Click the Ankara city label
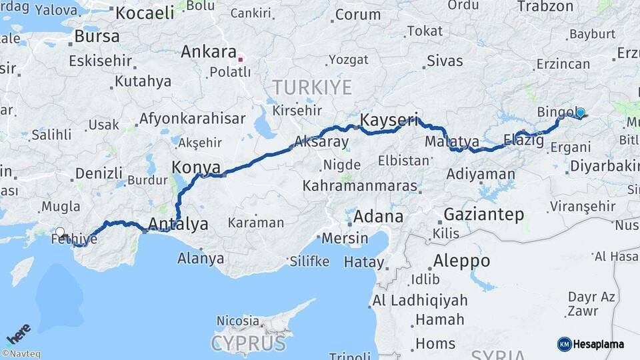click(x=209, y=52)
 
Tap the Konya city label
click(x=196, y=167)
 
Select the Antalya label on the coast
click(x=178, y=224)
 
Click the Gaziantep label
click(x=483, y=214)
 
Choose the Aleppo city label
click(x=461, y=260)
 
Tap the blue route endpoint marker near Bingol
click(x=580, y=113)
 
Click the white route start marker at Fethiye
click(x=60, y=233)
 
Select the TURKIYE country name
click(x=311, y=87)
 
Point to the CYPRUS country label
click(x=249, y=343)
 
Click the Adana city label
click(x=378, y=216)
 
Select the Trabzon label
click(x=545, y=7)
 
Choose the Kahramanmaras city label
click(x=360, y=186)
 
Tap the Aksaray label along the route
click(x=321, y=141)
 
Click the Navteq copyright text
click(x=21, y=354)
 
